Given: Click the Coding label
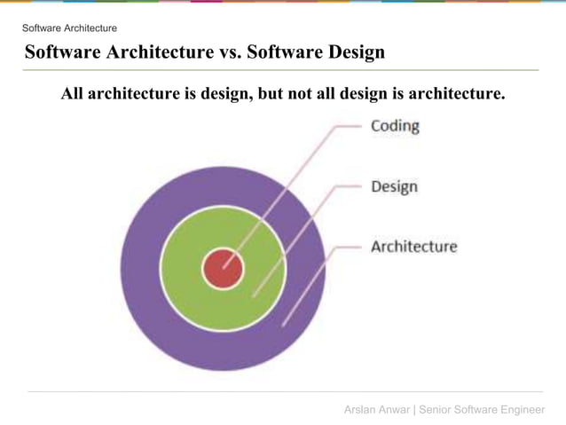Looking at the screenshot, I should pyautogui.click(x=395, y=126).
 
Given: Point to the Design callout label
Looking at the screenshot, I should pyautogui.click(x=394, y=186).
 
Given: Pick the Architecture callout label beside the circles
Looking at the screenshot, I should pyautogui.click(x=413, y=246).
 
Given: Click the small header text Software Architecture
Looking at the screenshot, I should pyautogui.click(x=69, y=28).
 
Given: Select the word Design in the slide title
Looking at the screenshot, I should pyautogui.click(x=352, y=52).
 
